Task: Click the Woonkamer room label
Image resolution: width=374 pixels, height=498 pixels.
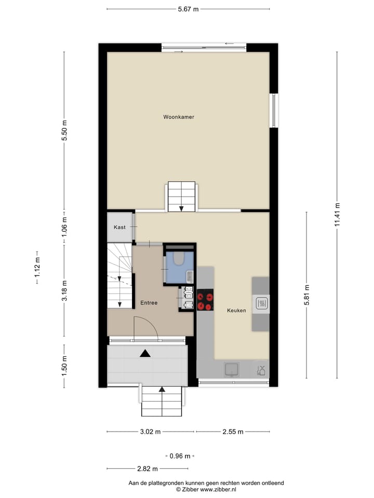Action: click(178, 117)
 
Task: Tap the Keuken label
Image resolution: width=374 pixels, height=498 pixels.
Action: click(236, 311)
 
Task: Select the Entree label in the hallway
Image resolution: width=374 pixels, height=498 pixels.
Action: click(149, 302)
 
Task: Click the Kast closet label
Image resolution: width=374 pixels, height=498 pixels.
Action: click(120, 227)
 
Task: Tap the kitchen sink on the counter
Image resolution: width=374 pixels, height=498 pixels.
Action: click(232, 369)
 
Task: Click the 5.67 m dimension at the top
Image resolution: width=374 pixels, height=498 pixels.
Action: click(188, 9)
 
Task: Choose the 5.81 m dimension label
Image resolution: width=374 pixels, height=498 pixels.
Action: click(306, 295)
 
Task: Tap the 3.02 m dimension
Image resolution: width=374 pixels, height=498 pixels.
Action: click(151, 432)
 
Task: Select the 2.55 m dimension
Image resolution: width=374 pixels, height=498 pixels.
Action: click(233, 432)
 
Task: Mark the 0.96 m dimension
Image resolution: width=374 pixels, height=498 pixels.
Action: click(180, 456)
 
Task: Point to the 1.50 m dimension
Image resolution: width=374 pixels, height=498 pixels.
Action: click(64, 366)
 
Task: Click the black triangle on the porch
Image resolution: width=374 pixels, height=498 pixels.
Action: click(145, 354)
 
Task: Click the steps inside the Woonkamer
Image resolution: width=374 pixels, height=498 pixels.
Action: click(181, 197)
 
